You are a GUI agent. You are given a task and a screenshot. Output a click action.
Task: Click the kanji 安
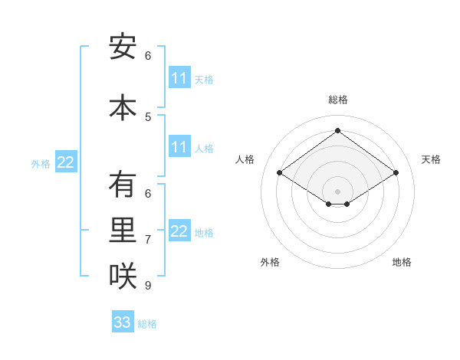[x=123, y=48]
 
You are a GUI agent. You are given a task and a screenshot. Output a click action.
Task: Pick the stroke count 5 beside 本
[x=148, y=117]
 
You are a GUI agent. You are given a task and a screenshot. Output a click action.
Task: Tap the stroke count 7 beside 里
[x=148, y=240]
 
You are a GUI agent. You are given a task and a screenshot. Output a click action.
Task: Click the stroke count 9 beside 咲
[x=148, y=286]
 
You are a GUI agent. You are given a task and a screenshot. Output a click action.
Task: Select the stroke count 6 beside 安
[x=148, y=56]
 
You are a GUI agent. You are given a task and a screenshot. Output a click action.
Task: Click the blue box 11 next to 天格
[x=179, y=78]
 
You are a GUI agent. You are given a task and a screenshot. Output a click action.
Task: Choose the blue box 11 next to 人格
[x=179, y=147]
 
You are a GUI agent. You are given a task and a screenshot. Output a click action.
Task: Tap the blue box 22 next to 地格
[x=179, y=231]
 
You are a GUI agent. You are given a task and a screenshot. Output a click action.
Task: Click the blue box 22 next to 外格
[x=66, y=162]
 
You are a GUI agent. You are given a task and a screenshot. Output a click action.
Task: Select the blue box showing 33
[x=123, y=322]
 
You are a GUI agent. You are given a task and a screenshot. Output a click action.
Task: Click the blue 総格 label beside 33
[x=147, y=324]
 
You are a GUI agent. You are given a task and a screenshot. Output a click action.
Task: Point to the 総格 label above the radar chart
[x=338, y=100]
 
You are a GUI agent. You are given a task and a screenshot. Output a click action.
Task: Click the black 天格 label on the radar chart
[x=431, y=159]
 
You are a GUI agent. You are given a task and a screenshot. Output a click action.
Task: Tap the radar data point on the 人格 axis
[x=280, y=173]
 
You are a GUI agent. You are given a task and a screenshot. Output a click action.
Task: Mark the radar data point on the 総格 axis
[x=337, y=130]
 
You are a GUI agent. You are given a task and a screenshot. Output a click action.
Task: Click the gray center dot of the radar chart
[x=337, y=190]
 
